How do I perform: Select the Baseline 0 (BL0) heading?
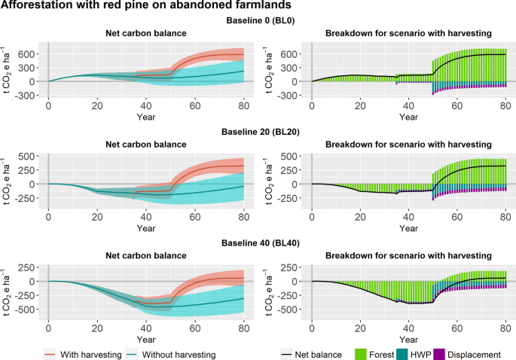(x=261, y=20)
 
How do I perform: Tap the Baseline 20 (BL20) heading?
(x=261, y=132)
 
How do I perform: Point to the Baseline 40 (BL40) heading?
(x=261, y=243)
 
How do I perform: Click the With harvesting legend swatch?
(x=50, y=355)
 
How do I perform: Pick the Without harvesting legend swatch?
(x=132, y=355)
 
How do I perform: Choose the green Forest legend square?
(x=361, y=355)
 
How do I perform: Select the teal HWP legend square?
(x=402, y=355)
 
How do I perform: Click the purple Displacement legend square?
(x=439, y=355)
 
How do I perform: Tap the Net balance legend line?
(x=287, y=355)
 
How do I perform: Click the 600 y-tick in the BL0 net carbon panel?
(x=26, y=54)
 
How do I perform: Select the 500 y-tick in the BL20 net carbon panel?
(x=26, y=156)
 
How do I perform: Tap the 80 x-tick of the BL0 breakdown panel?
(x=505, y=105)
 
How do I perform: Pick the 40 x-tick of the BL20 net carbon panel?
(x=146, y=217)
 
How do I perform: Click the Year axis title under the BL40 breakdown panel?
(x=408, y=339)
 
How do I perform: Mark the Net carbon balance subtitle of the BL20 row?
(x=146, y=144)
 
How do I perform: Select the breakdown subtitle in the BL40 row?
(x=408, y=255)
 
